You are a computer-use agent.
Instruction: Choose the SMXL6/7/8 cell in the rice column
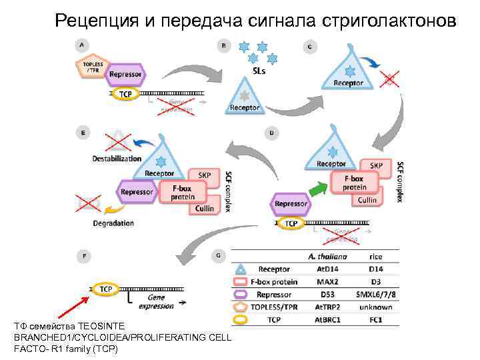376,293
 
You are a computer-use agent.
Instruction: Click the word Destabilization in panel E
117,159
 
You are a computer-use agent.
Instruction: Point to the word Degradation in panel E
113,223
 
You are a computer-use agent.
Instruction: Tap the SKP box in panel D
376,165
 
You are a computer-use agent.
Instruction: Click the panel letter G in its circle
220,255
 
